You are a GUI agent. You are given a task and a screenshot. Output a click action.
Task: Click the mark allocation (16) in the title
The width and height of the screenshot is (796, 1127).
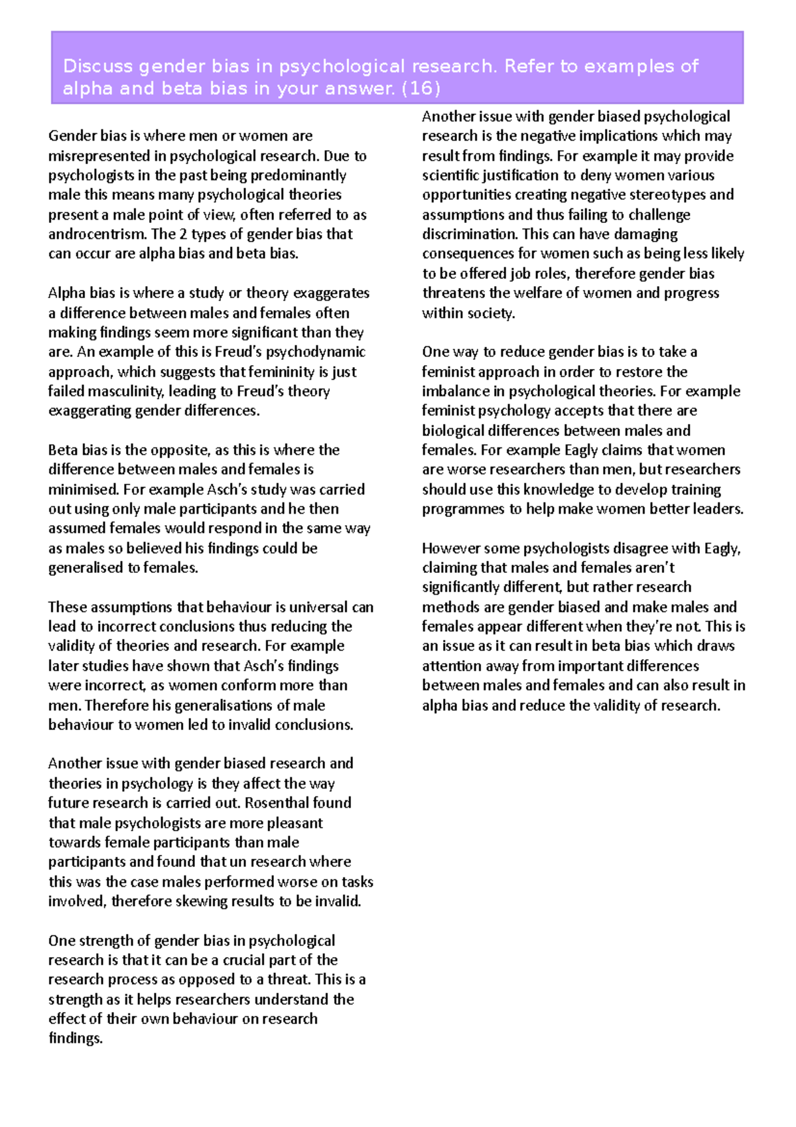(x=421, y=88)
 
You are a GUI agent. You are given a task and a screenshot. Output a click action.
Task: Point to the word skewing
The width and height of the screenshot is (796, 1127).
(x=194, y=901)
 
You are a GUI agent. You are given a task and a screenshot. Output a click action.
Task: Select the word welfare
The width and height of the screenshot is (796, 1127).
(x=513, y=293)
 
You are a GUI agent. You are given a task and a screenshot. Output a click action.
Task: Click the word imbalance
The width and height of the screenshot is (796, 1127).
(x=454, y=392)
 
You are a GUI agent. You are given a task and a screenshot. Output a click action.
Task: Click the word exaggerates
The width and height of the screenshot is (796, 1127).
(x=331, y=293)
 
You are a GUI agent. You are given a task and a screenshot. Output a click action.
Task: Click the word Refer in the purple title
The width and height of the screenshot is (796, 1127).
(x=527, y=66)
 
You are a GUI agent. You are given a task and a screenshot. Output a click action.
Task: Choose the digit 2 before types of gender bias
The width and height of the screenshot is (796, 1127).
(x=182, y=234)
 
